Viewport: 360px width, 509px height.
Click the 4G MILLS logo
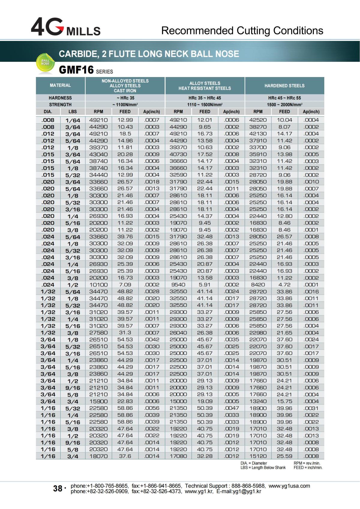point(66,27)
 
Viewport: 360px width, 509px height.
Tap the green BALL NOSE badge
point(46,63)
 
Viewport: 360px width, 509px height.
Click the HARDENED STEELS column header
point(284,86)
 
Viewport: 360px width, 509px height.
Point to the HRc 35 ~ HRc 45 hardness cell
point(205,98)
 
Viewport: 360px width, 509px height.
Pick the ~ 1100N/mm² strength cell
point(125,105)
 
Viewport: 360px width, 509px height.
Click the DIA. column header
point(48,112)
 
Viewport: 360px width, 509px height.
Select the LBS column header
point(73,112)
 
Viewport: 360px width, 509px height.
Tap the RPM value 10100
point(98,284)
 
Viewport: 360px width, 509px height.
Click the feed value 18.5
point(125,134)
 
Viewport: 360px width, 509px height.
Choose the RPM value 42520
point(258,120)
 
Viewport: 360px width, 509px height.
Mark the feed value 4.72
point(284,284)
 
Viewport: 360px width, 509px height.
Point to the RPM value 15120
point(258,456)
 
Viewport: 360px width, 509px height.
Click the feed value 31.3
point(125,332)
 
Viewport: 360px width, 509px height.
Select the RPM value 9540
point(178,284)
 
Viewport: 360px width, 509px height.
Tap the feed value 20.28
point(125,154)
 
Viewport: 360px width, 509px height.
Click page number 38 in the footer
point(57,488)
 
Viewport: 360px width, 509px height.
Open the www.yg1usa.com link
point(289,486)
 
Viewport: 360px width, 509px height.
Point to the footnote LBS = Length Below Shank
point(263,468)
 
